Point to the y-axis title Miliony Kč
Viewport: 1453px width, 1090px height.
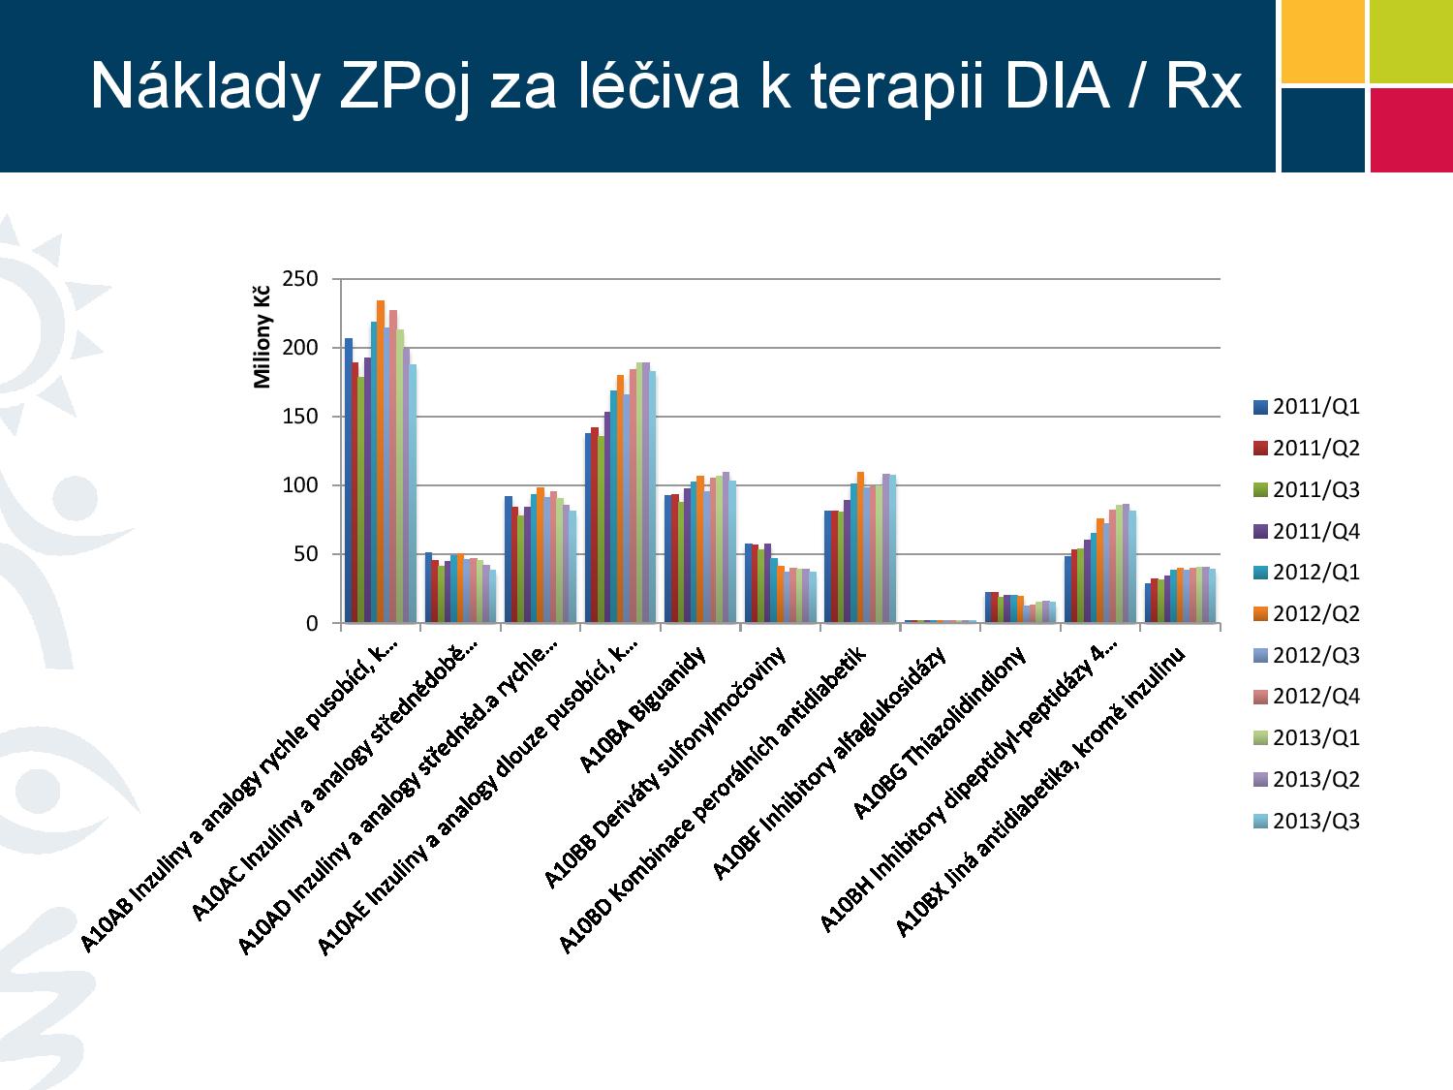tap(263, 337)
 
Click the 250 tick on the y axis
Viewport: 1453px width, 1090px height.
tap(300, 279)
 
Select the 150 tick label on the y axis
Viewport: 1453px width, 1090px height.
tap(300, 417)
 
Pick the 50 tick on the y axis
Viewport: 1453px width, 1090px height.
tap(306, 554)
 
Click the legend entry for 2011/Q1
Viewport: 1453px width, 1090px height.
tap(1306, 406)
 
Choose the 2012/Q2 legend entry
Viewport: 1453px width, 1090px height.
tap(1306, 613)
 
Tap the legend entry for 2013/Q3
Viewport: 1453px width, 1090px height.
tap(1306, 821)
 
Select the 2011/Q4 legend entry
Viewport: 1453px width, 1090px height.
tap(1306, 531)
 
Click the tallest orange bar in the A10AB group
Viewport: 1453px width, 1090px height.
tap(381, 461)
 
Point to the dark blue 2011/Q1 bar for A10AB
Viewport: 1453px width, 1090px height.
tap(348, 481)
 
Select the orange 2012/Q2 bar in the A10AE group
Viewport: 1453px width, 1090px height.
tap(620, 499)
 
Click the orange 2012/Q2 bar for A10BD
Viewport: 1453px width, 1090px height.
tap(860, 547)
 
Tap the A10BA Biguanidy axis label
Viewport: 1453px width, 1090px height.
tap(642, 709)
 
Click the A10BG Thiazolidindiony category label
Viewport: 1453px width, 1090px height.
tap(939, 732)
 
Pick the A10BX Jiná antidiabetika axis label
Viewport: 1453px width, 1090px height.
tap(1039, 792)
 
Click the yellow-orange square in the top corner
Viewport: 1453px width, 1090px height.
tap(1322, 41)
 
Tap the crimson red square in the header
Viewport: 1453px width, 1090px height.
tap(1411, 131)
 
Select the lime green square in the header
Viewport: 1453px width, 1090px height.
tap(1411, 41)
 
